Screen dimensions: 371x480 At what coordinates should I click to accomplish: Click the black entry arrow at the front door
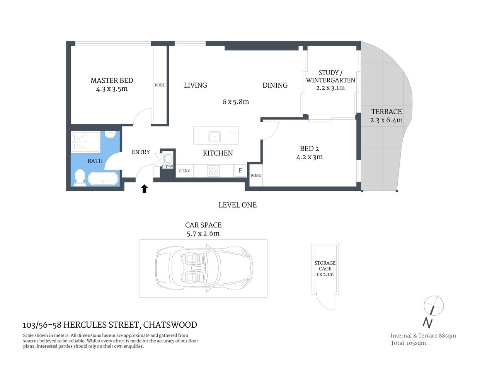pos(144,189)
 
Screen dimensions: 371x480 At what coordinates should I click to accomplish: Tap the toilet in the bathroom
pos(80,177)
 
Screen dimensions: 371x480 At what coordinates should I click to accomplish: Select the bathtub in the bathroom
pos(103,179)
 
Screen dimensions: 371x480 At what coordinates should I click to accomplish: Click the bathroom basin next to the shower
pos(111,135)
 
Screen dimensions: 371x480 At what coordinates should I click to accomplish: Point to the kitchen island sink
pos(214,136)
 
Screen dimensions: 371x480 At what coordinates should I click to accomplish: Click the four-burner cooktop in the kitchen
pos(214,170)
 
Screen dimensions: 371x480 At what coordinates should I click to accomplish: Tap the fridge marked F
pos(240,170)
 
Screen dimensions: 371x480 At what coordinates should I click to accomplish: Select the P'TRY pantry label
pos(184,171)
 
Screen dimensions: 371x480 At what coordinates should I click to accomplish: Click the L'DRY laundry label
pos(168,167)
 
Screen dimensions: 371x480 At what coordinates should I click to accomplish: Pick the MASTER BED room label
pos(112,80)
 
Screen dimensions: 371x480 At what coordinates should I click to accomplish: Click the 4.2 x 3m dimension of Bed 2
pos(309,157)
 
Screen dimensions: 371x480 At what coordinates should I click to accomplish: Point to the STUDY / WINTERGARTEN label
pos(330,77)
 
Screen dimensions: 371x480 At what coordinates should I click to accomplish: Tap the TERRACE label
pos(386,112)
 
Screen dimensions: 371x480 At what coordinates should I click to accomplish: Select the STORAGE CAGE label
pos(325,266)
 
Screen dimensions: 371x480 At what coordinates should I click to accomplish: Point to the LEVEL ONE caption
pos(237,205)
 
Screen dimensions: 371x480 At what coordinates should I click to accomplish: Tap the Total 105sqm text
pos(408,343)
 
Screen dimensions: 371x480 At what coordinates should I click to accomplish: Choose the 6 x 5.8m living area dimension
pos(236,102)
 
